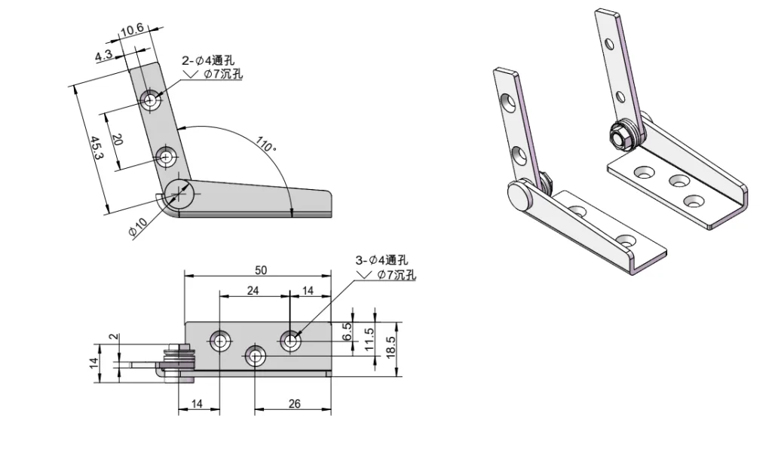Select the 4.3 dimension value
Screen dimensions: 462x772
[104, 56]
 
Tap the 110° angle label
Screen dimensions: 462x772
[266, 143]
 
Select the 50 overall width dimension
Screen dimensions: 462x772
[261, 269]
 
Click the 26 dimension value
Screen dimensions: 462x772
[294, 404]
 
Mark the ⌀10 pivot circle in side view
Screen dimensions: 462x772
[180, 194]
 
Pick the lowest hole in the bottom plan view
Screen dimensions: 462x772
[256, 356]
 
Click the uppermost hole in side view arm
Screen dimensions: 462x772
[152, 100]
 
